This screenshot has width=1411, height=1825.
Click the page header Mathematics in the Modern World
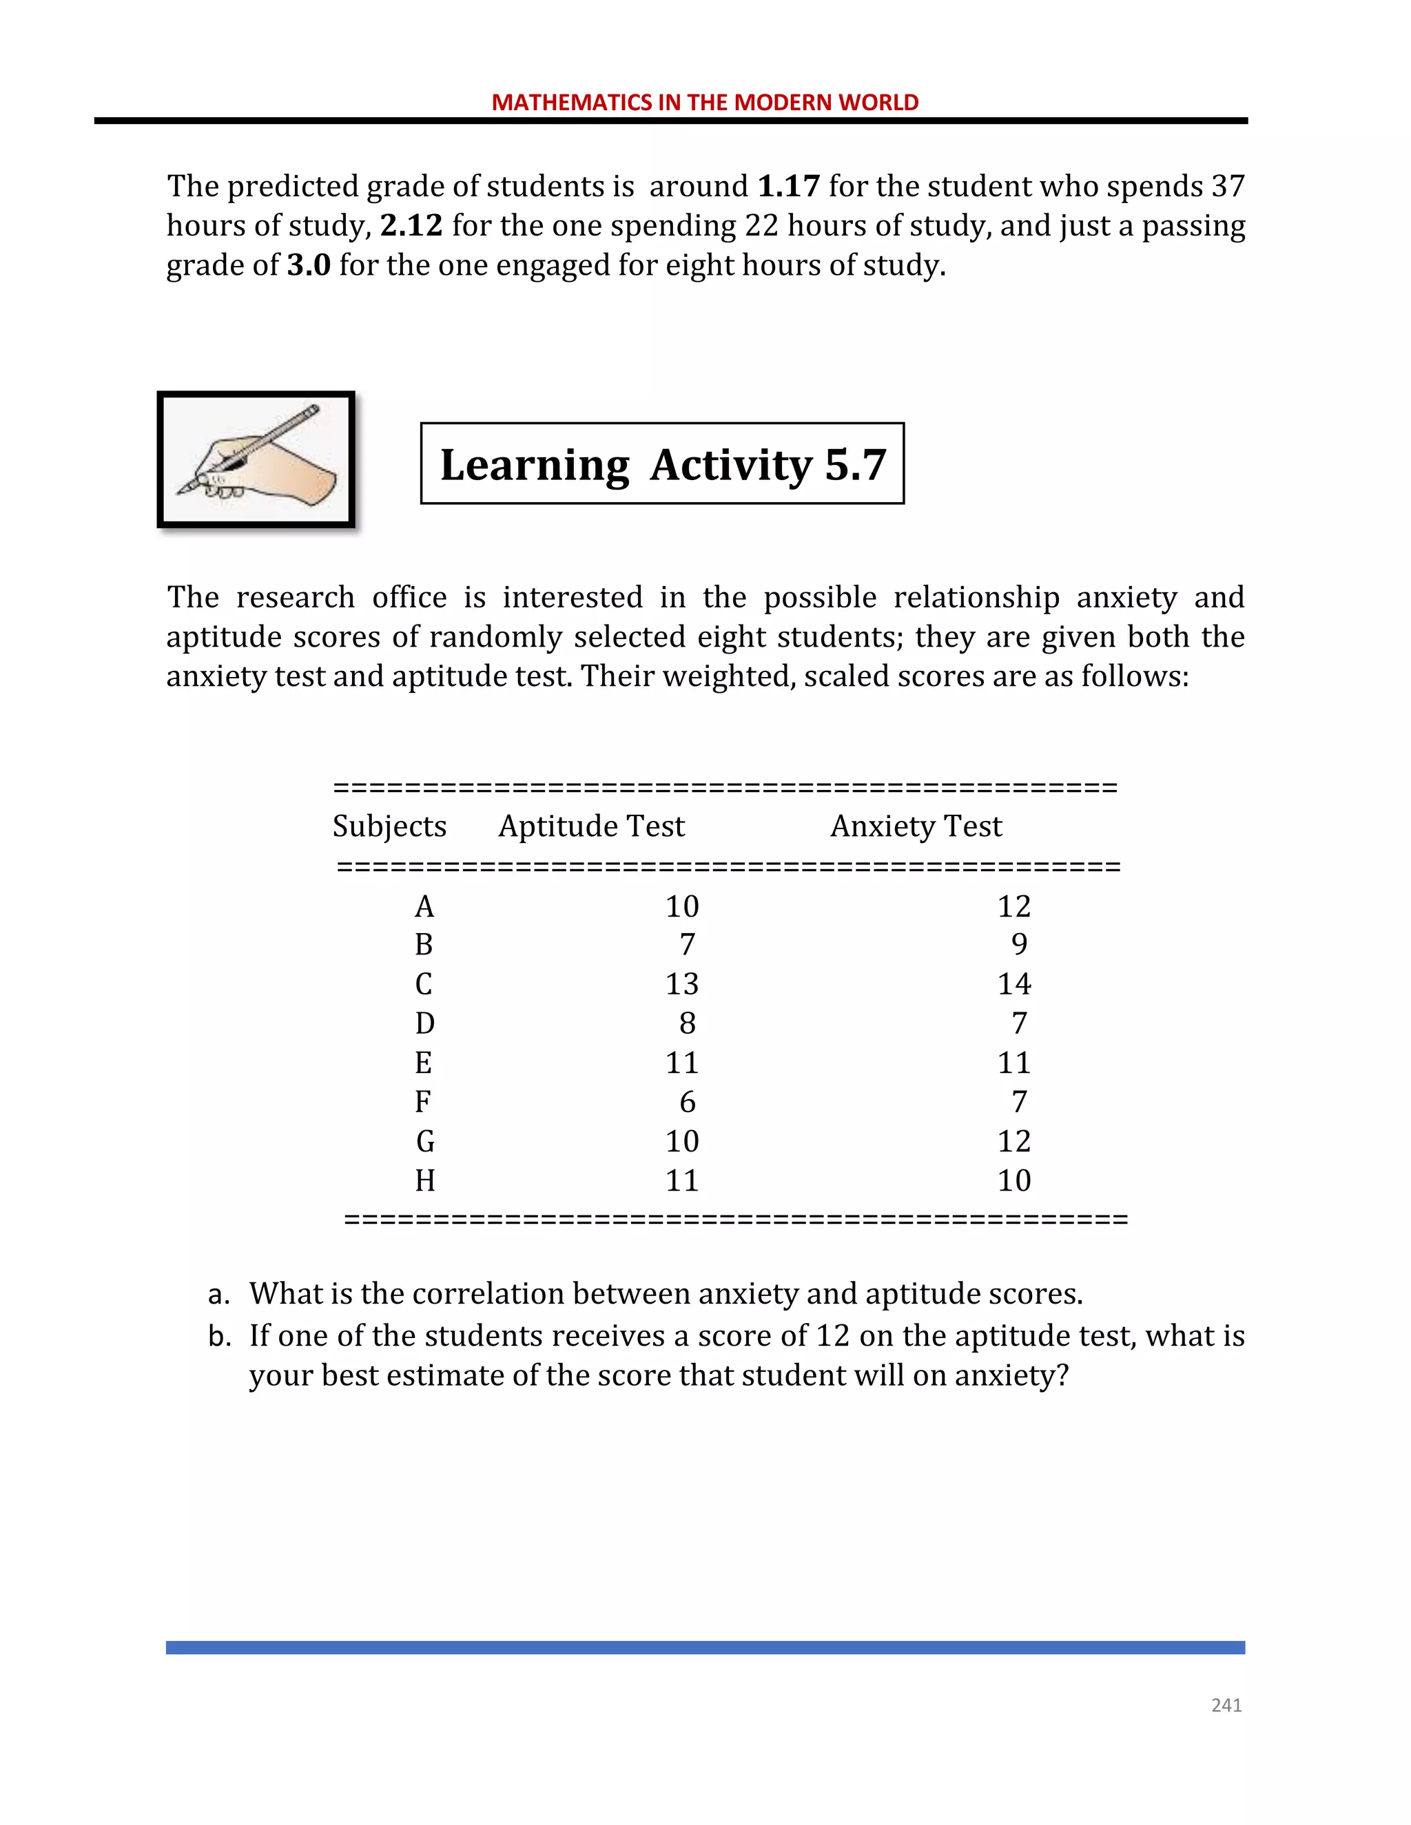click(x=705, y=102)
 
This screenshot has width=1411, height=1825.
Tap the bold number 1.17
click(x=788, y=185)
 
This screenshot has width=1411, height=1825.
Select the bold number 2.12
click(x=411, y=226)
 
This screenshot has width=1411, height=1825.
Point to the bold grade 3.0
click(x=309, y=265)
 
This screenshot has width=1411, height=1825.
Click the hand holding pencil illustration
click(x=256, y=459)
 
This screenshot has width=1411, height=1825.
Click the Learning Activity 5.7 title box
click(x=662, y=463)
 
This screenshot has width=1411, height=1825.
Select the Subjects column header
click(x=389, y=826)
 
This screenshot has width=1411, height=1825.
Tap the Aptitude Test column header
click(x=591, y=826)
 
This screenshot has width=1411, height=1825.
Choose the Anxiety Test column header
click(x=916, y=826)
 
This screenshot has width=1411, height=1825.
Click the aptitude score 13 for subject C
click(x=682, y=983)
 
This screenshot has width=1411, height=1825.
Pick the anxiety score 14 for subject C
click(x=1014, y=983)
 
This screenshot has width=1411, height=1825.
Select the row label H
click(x=424, y=1180)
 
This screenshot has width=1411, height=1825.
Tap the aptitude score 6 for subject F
click(x=687, y=1102)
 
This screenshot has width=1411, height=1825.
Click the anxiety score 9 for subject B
click(x=1019, y=944)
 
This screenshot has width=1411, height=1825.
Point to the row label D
click(x=424, y=1023)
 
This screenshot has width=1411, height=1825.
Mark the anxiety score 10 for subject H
click(x=1014, y=1180)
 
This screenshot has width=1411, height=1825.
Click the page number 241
click(x=1226, y=1705)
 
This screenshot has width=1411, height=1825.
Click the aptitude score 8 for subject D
click(x=687, y=1023)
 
